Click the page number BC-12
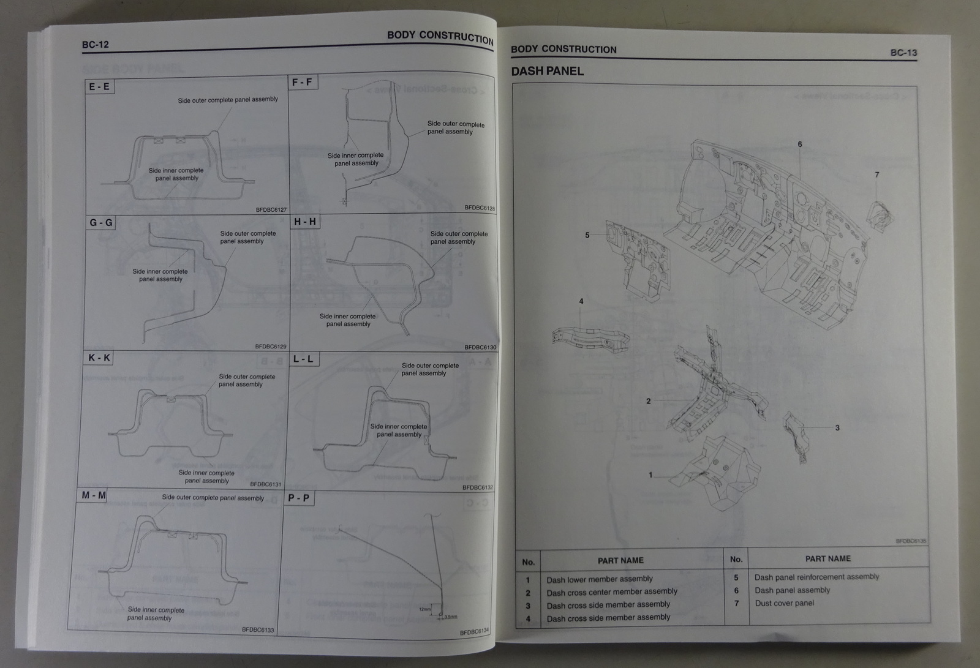(x=96, y=44)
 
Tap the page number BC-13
(x=903, y=53)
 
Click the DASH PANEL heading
(x=547, y=71)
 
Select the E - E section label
(x=99, y=86)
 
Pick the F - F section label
(x=303, y=81)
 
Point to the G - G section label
(x=101, y=222)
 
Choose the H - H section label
(x=305, y=221)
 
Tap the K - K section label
(x=99, y=357)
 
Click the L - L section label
(x=303, y=359)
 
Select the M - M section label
(x=94, y=495)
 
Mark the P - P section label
(x=299, y=498)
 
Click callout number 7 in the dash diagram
(x=877, y=175)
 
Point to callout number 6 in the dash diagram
(x=800, y=144)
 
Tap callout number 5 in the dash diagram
(x=587, y=235)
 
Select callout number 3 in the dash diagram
(x=837, y=428)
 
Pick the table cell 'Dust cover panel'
(x=784, y=603)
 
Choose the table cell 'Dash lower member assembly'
(x=600, y=579)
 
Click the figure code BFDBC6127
(x=271, y=210)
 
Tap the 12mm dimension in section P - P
(x=426, y=609)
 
